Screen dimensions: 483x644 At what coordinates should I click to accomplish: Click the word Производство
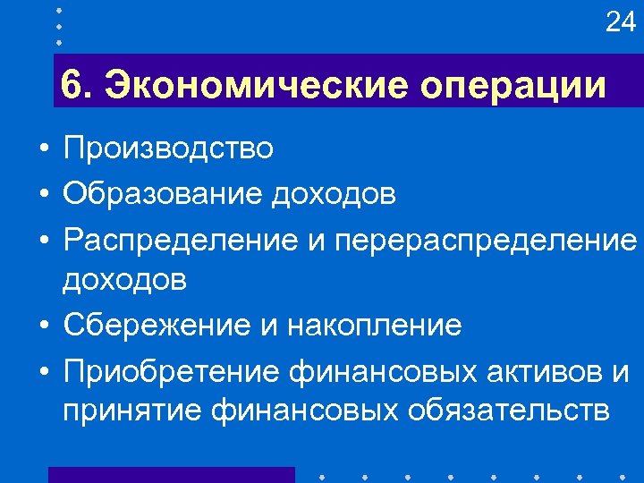(168, 148)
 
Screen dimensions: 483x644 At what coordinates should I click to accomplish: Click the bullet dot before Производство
(43, 149)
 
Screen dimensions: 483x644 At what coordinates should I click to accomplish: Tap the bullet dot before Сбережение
(43, 326)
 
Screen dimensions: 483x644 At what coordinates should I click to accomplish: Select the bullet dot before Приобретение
(43, 370)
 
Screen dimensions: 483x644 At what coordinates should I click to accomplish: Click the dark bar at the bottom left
(170, 474)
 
